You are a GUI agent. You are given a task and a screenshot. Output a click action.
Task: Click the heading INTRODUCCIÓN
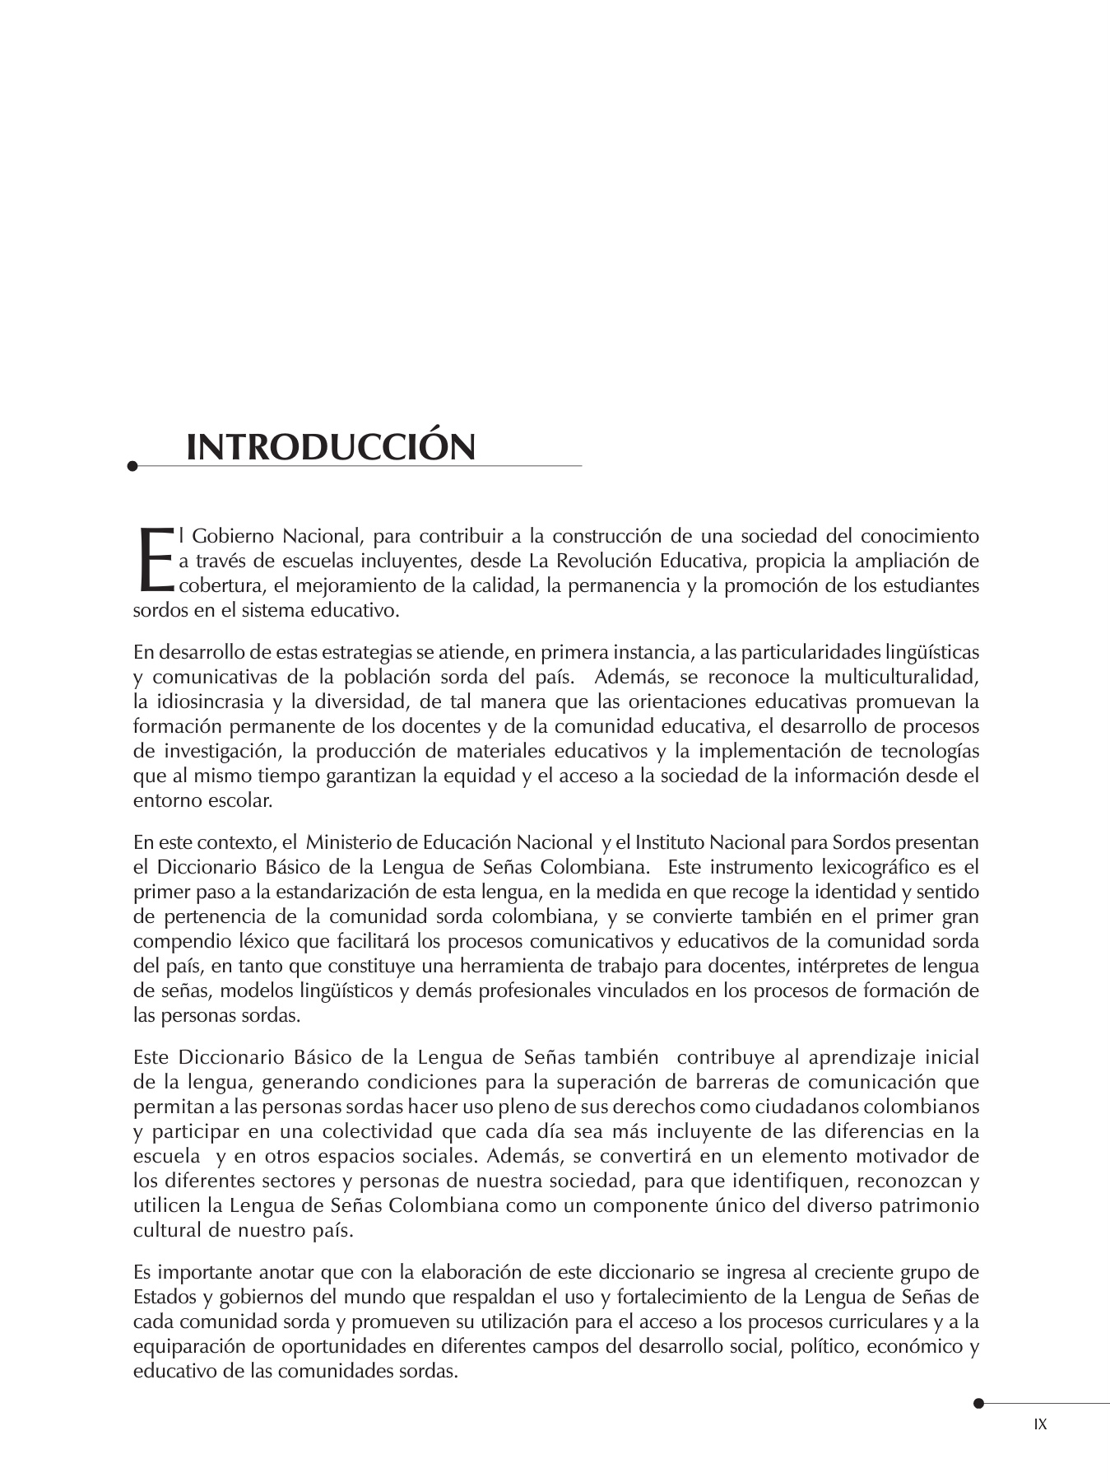331,447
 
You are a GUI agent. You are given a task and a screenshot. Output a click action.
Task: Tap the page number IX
1040,1424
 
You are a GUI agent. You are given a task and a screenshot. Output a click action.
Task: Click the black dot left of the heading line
132,467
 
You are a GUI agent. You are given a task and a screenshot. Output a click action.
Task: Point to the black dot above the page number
978,1404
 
